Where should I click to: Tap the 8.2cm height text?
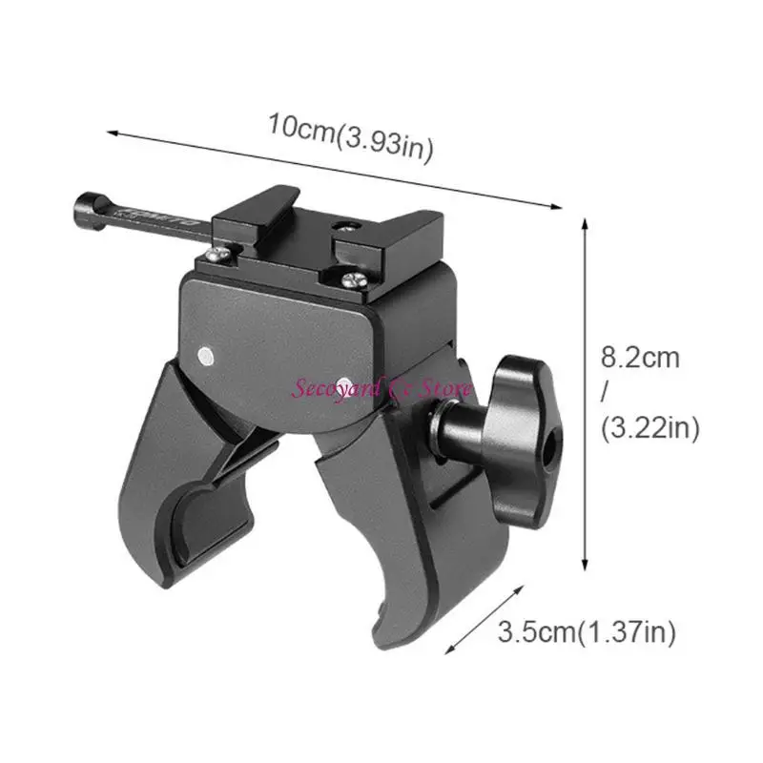click(640, 359)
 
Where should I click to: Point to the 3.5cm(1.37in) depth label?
click(587, 631)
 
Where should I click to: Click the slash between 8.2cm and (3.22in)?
click(605, 393)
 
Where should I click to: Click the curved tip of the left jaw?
click(187, 491)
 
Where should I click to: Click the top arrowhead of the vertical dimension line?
click(584, 220)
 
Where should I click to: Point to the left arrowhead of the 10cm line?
click(109, 132)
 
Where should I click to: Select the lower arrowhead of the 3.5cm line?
click(448, 651)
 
